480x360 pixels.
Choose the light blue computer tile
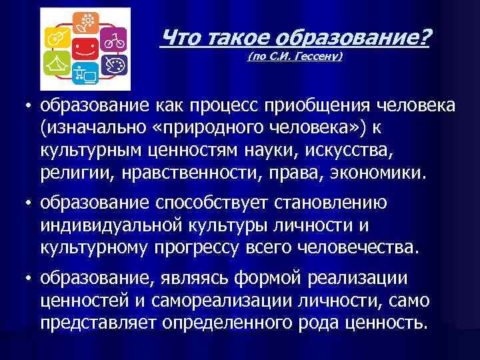click(x=85, y=74)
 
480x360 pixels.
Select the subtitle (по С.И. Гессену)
click(x=295, y=57)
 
